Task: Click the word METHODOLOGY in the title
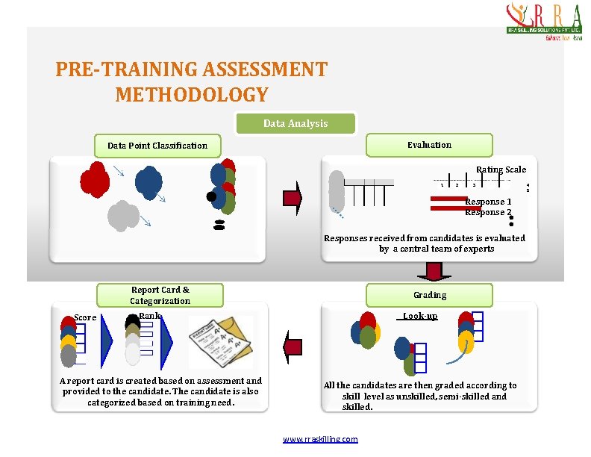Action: (x=191, y=95)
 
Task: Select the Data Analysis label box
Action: (x=295, y=123)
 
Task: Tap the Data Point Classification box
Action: (x=157, y=146)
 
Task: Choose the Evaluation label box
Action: (x=429, y=145)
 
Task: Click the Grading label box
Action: (x=430, y=295)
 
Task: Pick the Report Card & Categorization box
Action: (x=160, y=296)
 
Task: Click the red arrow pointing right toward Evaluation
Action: (x=293, y=198)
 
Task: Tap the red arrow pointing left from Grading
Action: (x=293, y=346)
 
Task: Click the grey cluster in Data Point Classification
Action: (x=123, y=216)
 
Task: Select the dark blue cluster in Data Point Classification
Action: (x=149, y=181)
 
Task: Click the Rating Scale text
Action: (x=501, y=170)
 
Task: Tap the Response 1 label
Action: (x=488, y=202)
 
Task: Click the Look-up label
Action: (x=420, y=317)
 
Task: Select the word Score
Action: (x=85, y=318)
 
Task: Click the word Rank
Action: (x=150, y=316)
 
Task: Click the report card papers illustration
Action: (x=221, y=341)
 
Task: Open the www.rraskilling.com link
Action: (x=320, y=439)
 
